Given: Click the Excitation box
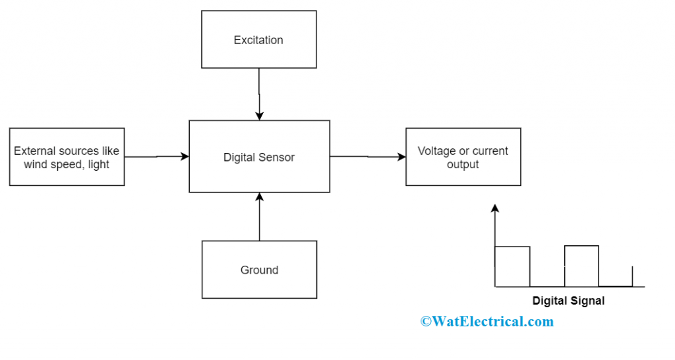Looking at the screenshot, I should (x=258, y=40).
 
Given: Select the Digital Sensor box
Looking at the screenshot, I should (x=259, y=157).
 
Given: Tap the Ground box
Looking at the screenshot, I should (x=259, y=270).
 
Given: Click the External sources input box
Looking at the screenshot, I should (x=67, y=157).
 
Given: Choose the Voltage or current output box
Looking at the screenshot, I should (x=463, y=157).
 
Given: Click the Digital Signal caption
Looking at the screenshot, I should (x=568, y=301).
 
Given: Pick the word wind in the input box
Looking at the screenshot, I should (x=35, y=164).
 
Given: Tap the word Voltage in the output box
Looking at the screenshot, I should (x=436, y=151).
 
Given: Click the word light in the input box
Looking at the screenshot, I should (x=98, y=164).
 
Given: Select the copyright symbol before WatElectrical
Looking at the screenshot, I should (x=426, y=322).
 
